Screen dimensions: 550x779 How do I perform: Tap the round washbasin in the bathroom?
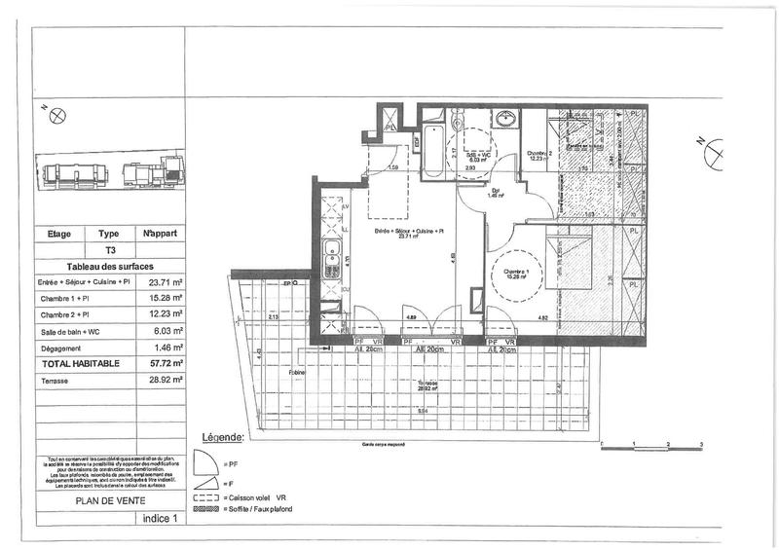point(506,120)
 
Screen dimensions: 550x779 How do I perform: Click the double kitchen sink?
point(333,257)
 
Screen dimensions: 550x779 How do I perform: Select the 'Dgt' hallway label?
point(495,191)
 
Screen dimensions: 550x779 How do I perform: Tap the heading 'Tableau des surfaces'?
point(110,266)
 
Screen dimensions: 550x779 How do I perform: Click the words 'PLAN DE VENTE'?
point(110,502)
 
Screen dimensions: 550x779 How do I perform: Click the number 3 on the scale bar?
point(702,443)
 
